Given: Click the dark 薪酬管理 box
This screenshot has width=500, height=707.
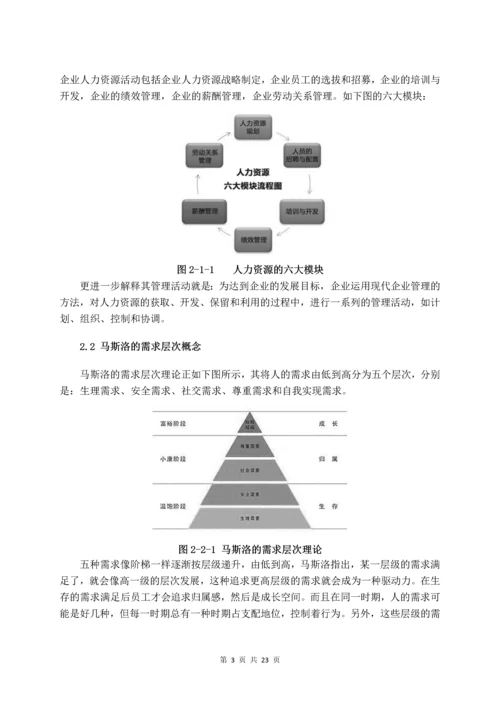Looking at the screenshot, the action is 198,212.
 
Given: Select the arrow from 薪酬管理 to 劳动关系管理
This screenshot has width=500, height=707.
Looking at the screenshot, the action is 197,184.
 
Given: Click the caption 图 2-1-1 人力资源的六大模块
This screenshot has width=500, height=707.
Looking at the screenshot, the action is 250,269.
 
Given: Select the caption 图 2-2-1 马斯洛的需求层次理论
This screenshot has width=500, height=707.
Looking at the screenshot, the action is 250,549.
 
